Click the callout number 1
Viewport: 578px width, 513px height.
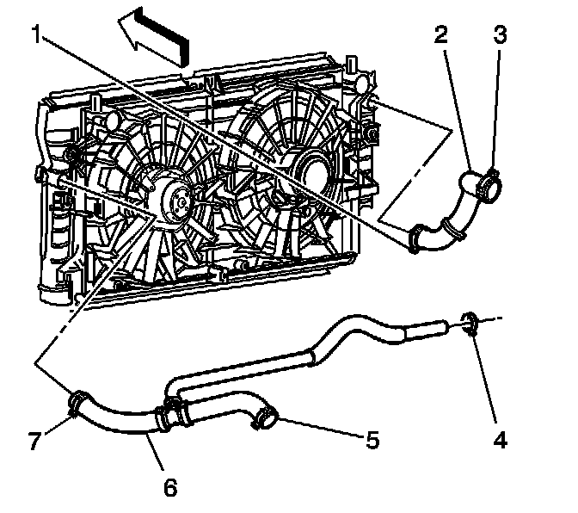[x=36, y=34]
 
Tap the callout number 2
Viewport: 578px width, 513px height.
[x=441, y=34]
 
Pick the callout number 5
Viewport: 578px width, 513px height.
[x=372, y=440]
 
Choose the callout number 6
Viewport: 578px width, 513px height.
[x=170, y=488]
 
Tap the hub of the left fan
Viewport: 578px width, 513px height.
[x=177, y=201]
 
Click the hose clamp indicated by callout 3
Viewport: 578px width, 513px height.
[x=490, y=181]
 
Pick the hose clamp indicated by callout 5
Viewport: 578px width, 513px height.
[x=264, y=419]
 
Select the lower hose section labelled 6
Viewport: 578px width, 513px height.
[x=120, y=419]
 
